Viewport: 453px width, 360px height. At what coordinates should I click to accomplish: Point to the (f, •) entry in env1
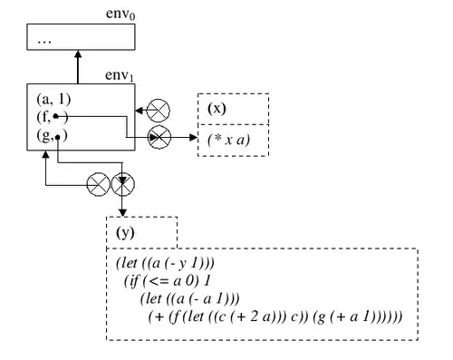[x=50, y=117]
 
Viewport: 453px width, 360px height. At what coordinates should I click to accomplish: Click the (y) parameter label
[x=127, y=233]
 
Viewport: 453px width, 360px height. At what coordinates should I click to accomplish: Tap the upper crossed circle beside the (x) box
[x=159, y=111]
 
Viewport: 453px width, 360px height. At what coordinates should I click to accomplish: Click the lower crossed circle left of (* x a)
[x=159, y=138]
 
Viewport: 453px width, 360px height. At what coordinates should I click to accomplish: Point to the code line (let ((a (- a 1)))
[x=191, y=298]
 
